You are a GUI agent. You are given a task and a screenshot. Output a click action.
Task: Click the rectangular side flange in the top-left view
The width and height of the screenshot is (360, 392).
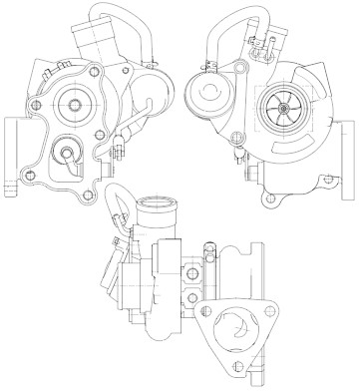pyautogui.click(x=13, y=155)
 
